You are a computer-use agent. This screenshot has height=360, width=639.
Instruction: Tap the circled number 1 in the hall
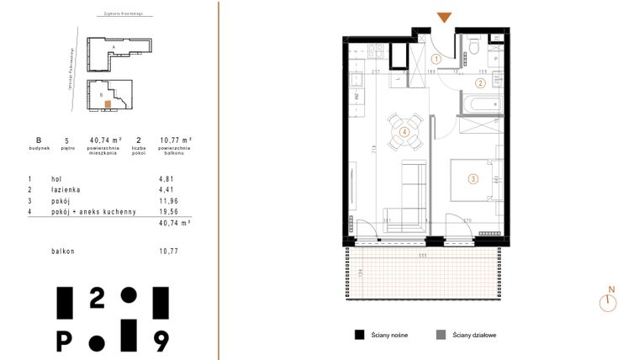(x=436, y=60)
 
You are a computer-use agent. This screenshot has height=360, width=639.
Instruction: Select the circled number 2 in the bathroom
(x=480, y=82)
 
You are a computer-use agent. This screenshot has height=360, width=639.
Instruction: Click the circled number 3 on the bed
(x=473, y=177)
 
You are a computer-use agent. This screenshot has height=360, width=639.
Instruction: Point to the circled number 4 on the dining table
(x=404, y=132)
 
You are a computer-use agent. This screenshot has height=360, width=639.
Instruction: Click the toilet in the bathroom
(x=474, y=45)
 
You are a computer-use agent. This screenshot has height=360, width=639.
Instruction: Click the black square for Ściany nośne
(x=359, y=334)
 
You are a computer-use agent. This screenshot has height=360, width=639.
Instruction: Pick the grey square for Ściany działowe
(x=441, y=334)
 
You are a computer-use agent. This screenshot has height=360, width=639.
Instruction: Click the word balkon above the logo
(x=63, y=251)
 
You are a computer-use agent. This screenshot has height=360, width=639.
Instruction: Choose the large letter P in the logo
(x=64, y=340)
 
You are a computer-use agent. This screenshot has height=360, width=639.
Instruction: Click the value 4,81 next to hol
(x=166, y=179)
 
